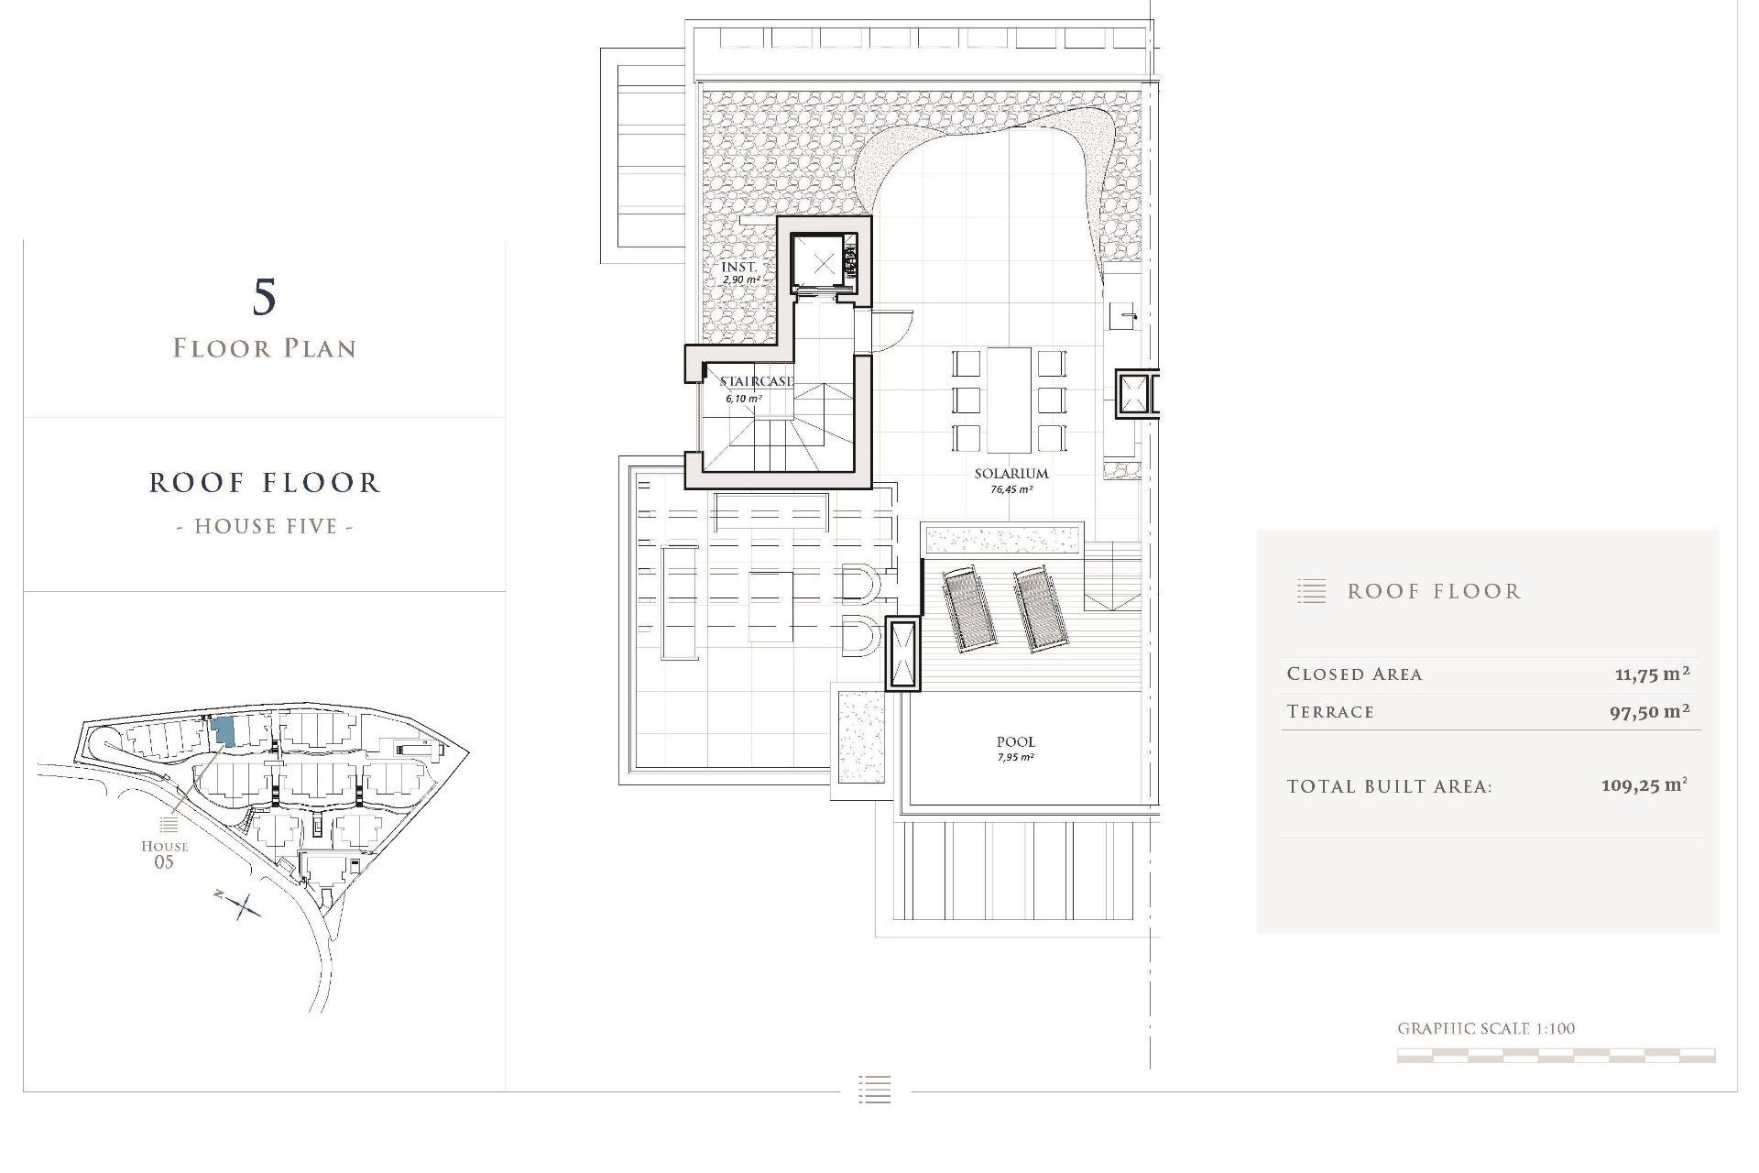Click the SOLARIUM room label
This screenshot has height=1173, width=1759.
(1011, 474)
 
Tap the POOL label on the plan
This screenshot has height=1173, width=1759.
(1016, 741)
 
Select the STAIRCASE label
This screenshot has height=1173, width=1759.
(756, 381)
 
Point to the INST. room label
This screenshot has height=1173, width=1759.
(739, 267)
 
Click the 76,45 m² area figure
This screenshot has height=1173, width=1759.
(1011, 490)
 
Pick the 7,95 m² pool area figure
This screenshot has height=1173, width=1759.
(1016, 758)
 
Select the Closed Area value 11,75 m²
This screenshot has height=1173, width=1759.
(1652, 674)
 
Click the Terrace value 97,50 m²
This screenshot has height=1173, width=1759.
(1649, 712)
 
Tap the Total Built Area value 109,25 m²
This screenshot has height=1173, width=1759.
(1644, 785)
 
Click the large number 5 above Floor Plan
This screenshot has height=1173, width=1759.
(264, 297)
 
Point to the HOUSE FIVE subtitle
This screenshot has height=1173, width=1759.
(265, 526)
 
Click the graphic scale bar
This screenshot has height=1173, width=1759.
(1556, 1056)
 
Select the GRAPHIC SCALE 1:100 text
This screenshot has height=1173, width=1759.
(1486, 1028)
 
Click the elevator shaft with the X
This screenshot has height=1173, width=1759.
(823, 263)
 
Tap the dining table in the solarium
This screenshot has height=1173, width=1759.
(1009, 400)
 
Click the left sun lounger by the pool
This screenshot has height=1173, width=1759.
(964, 608)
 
